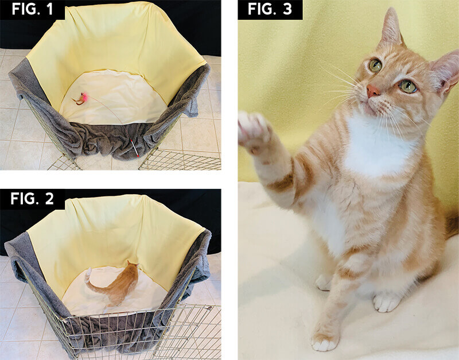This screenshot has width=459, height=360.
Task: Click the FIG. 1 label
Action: click(32, 9)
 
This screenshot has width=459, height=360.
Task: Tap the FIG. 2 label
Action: click(32, 199)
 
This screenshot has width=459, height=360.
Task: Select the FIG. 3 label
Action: click(270, 9)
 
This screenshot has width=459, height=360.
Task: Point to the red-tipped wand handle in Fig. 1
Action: click(134, 148)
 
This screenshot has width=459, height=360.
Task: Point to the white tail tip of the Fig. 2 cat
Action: click(88, 275)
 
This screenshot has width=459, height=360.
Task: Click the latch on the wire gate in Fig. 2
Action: click(209, 308)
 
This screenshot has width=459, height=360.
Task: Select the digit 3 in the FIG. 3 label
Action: click(287, 9)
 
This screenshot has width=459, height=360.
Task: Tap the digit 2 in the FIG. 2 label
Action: click(49, 199)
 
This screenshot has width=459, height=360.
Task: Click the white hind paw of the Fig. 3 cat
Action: click(386, 301)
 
